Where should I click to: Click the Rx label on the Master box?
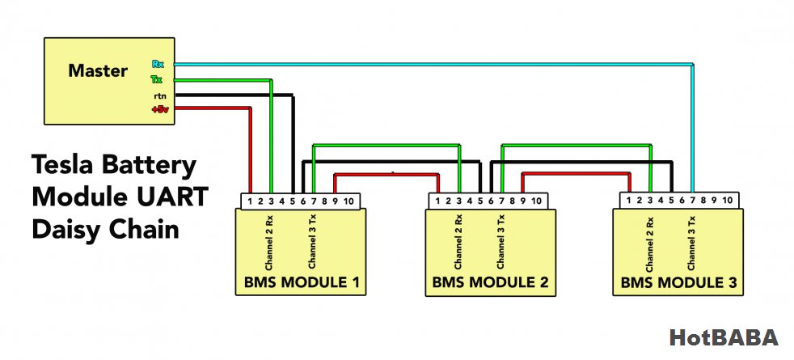tap(157, 64)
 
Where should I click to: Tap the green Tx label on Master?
tap(156, 79)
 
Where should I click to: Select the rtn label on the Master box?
tap(159, 95)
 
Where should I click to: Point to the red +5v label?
tap(159, 109)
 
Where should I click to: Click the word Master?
tap(98, 70)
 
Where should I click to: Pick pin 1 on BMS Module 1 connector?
tap(250, 201)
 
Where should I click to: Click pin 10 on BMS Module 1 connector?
tap(348, 201)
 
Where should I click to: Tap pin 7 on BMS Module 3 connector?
tap(692, 201)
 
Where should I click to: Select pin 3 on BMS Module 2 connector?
tap(458, 201)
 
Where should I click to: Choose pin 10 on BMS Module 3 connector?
tap(727, 201)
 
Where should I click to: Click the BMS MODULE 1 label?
tap(302, 282)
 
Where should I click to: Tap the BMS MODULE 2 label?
tap(490, 282)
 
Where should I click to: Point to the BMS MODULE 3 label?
tap(678, 282)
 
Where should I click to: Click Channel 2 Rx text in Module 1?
tap(270, 244)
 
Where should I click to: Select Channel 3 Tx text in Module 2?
tap(500, 242)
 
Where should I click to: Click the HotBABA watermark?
tap(723, 337)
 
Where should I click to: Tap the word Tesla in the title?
tap(62, 166)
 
